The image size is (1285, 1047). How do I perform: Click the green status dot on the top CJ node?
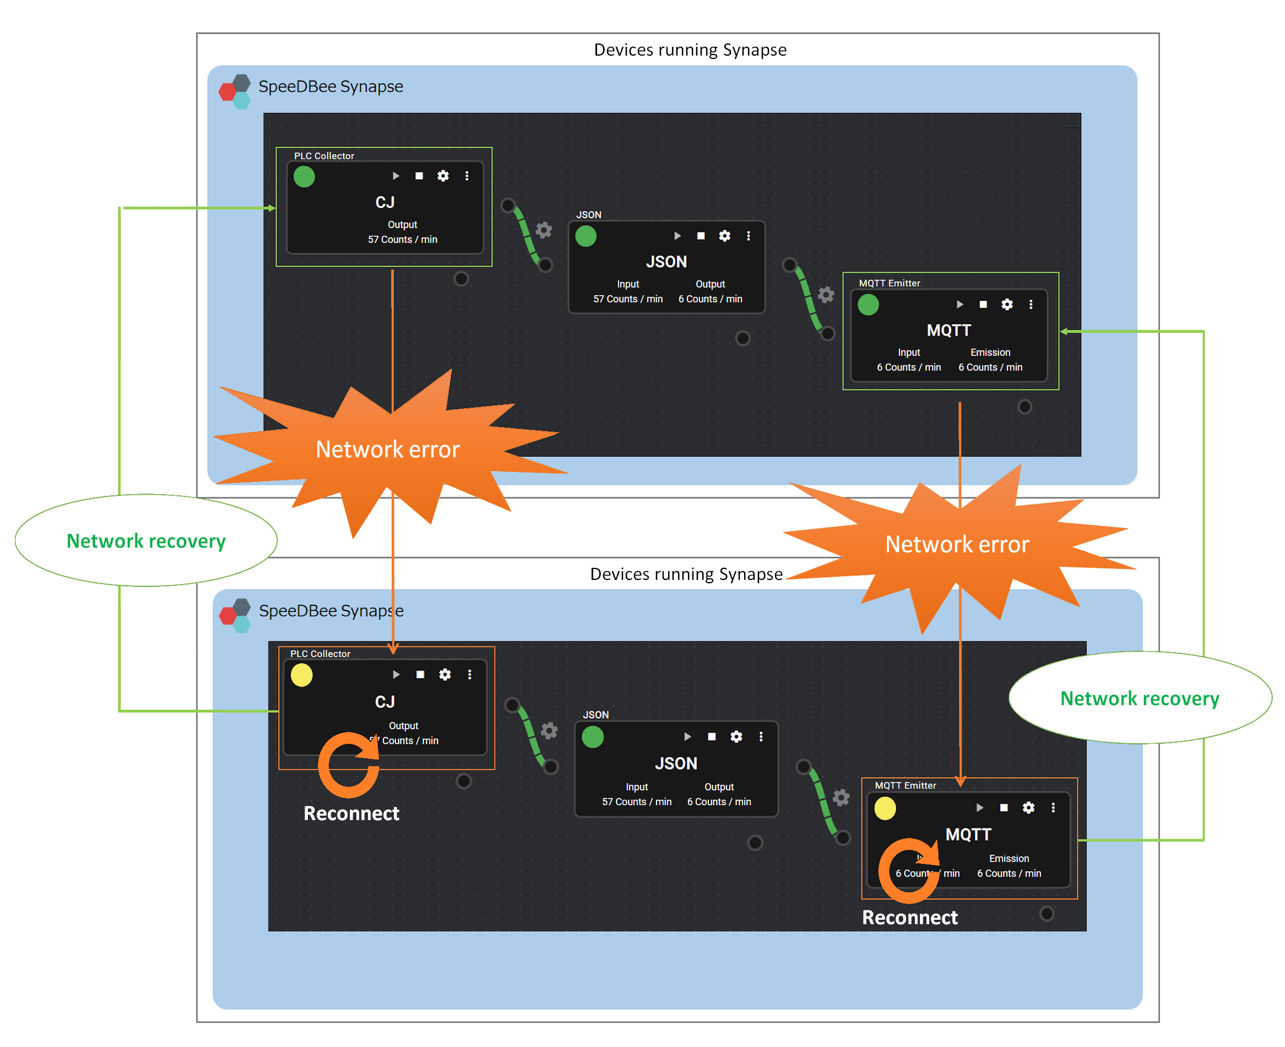(304, 177)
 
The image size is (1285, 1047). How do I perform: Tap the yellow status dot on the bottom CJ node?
(301, 675)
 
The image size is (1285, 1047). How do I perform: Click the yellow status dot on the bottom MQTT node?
(885, 808)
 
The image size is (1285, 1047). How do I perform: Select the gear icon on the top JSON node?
(724, 236)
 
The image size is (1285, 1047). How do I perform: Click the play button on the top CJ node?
(395, 176)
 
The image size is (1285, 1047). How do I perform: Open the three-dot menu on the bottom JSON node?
(761, 736)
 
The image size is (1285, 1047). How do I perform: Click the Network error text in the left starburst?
(387, 449)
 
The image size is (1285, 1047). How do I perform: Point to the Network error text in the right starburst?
(956, 544)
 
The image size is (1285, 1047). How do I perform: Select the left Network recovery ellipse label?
(146, 541)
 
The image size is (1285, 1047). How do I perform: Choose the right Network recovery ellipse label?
(1139, 698)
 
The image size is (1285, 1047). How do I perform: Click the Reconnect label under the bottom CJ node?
(351, 813)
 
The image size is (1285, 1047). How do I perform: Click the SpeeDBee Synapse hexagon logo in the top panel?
(235, 91)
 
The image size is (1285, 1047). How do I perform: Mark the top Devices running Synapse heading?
(690, 50)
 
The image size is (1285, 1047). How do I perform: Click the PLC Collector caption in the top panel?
(324, 156)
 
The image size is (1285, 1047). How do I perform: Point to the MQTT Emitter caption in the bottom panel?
(905, 785)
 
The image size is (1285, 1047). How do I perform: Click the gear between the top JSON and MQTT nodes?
(826, 294)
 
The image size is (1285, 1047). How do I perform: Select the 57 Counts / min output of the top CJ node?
(402, 240)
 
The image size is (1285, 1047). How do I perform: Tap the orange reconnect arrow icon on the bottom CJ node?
(348, 764)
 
